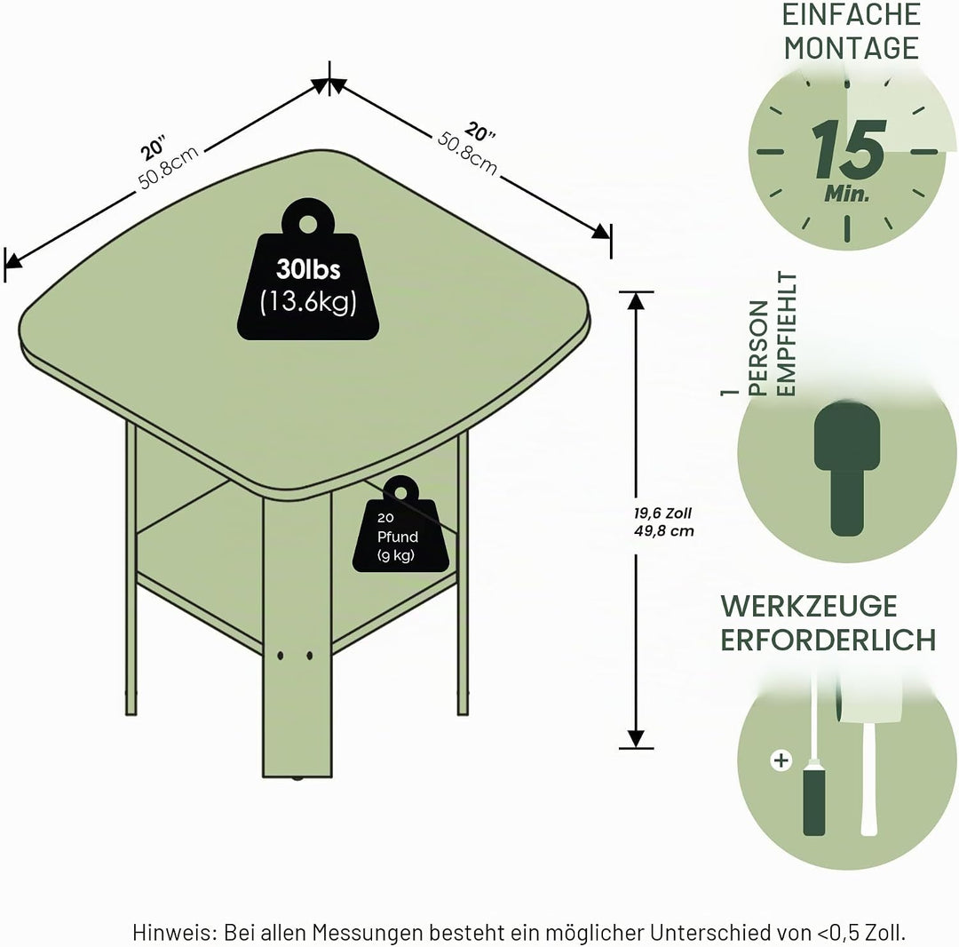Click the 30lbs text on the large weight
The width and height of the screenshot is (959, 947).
pyautogui.click(x=307, y=269)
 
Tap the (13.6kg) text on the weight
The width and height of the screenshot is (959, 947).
pyautogui.click(x=307, y=301)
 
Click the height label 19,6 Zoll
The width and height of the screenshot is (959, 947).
pyautogui.click(x=662, y=513)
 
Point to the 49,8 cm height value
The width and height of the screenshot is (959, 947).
pyautogui.click(x=663, y=530)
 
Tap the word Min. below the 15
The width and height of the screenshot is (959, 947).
pyautogui.click(x=847, y=194)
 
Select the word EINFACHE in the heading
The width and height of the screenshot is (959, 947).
pyautogui.click(x=852, y=15)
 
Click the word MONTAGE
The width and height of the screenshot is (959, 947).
pyautogui.click(x=852, y=48)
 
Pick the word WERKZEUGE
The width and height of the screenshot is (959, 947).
pyautogui.click(x=809, y=606)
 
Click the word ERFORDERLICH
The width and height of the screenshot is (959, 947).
pyautogui.click(x=828, y=640)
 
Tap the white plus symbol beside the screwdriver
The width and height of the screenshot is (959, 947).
pyautogui.click(x=781, y=760)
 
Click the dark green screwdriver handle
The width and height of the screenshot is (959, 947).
pyautogui.click(x=813, y=802)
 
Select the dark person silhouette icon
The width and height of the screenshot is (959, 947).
pyautogui.click(x=847, y=468)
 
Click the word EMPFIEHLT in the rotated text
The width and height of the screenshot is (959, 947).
pyautogui.click(x=787, y=335)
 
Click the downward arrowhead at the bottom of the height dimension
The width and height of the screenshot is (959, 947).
pyautogui.click(x=636, y=738)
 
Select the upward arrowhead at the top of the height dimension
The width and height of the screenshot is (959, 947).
pyautogui.click(x=636, y=301)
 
